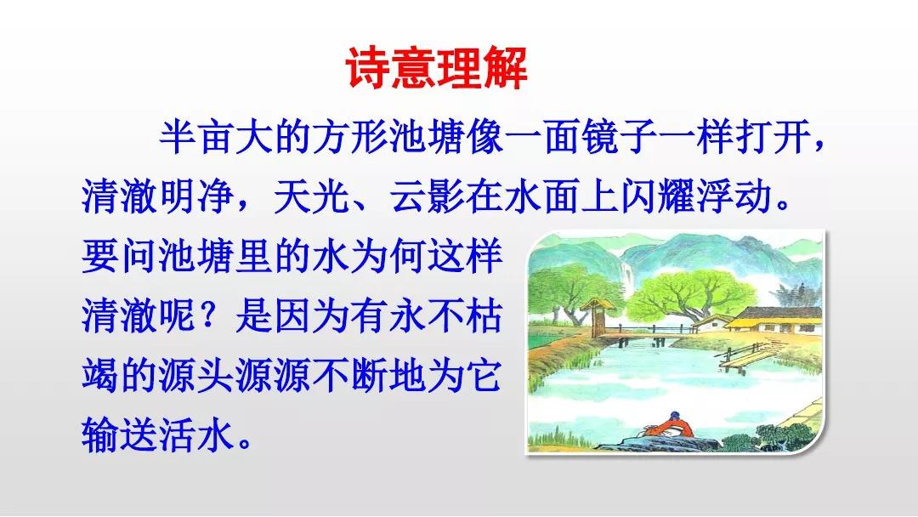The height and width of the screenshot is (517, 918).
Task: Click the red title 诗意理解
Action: pos(436,69)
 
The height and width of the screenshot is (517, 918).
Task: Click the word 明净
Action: pos(196,196)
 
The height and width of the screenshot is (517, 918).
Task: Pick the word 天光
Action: pos(312,196)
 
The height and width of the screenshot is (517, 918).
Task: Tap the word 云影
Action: pos(428,196)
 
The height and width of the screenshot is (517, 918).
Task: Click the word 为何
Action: pos(388,256)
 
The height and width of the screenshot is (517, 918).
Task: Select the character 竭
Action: pos(100,375)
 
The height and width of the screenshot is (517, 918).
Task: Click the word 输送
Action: pos(119,435)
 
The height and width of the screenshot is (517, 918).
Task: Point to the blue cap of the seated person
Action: pos(673,415)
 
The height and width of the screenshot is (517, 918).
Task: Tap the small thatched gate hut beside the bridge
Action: pos(598,316)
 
